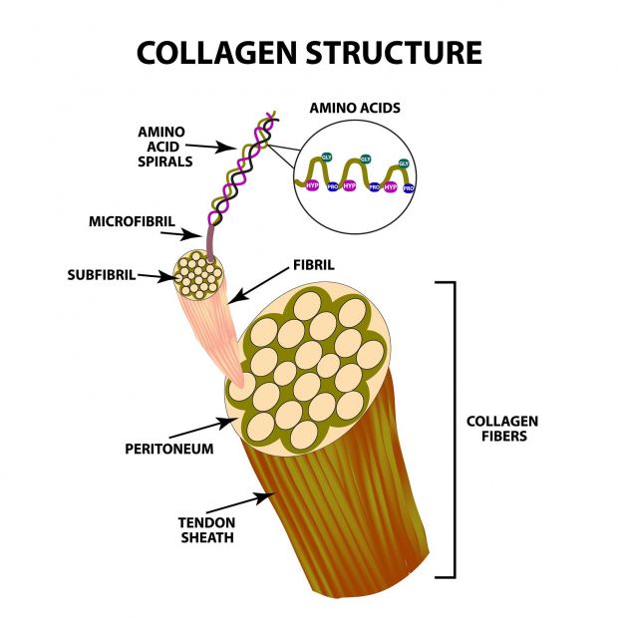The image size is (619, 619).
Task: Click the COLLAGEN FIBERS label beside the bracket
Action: pos(501,430)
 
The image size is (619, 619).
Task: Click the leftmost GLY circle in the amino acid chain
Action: pos(326,157)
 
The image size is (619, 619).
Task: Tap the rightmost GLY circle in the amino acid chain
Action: pos(404,163)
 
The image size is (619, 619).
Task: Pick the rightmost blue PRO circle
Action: pos(408,186)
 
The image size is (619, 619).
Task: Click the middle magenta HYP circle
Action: pos(350,185)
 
